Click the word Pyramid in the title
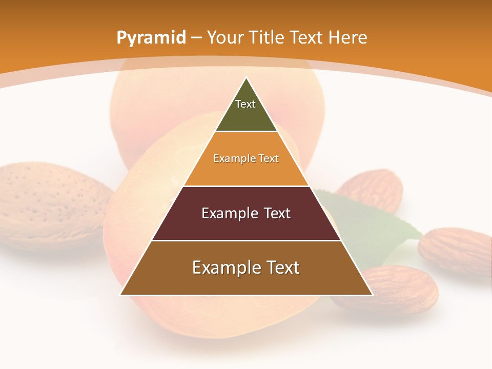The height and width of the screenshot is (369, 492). click(151, 38)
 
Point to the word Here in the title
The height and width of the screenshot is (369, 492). click(347, 37)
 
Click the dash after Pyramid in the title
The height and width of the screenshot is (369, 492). click(196, 38)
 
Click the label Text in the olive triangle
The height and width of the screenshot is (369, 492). click(245, 104)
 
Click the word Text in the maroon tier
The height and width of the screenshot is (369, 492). click(277, 213)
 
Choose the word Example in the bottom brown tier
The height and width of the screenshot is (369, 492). click(223, 268)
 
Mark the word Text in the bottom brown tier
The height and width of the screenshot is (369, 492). click(282, 268)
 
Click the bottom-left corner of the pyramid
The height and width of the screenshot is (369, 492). click(121, 295)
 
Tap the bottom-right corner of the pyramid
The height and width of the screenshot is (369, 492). click(372, 295)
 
